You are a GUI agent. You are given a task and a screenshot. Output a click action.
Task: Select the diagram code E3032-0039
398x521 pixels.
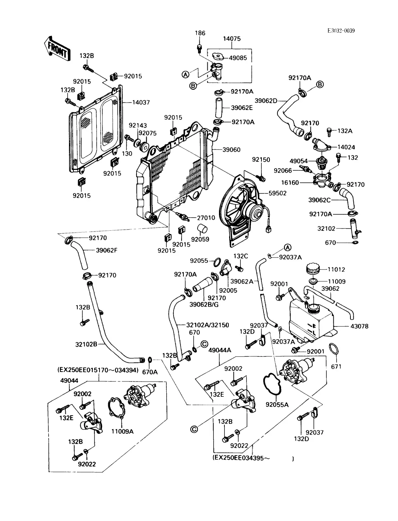(341, 31)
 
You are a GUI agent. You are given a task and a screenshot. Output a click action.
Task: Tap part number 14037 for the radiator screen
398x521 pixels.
(141, 103)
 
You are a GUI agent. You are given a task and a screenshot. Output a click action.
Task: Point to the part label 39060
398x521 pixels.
(232, 150)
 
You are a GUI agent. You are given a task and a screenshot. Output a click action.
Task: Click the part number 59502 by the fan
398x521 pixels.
(277, 193)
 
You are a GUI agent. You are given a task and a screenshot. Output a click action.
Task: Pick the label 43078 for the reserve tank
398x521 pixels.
(359, 326)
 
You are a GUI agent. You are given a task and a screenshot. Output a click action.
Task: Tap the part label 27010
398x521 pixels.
(206, 218)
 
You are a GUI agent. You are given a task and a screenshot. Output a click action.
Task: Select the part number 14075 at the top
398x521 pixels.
(231, 39)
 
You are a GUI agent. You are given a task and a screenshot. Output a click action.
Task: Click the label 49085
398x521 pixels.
(238, 57)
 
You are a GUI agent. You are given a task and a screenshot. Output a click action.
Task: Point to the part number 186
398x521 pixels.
(200, 33)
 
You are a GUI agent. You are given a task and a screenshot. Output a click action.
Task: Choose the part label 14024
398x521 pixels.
(346, 147)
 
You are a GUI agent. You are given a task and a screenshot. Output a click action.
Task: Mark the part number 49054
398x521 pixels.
(298, 161)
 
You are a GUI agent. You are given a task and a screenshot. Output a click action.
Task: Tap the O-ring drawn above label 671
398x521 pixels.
(335, 350)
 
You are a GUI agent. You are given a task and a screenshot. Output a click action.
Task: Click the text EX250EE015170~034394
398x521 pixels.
(98, 370)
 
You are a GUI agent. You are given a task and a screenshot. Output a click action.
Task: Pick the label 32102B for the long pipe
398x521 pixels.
(86, 344)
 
